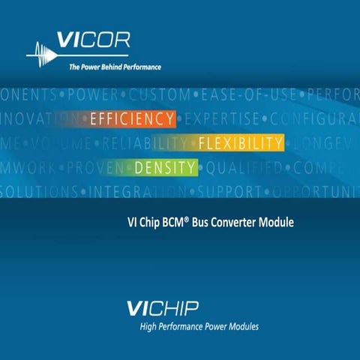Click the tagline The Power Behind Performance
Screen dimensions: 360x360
(115, 67)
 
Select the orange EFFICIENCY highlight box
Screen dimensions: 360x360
(132, 119)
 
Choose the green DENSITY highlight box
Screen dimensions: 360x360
(165, 167)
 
